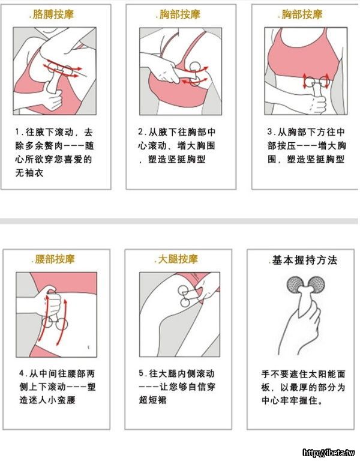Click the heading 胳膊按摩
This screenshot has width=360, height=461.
53,14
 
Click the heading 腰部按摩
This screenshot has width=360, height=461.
55,259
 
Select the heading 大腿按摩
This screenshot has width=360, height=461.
178,259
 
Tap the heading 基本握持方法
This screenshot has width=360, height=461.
304,260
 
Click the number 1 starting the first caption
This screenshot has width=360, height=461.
17,131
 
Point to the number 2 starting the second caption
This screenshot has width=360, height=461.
140,131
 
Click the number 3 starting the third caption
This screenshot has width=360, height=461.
270,131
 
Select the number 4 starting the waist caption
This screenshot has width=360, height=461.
22,373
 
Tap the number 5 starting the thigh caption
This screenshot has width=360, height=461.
142,373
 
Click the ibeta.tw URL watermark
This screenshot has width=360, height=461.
329,453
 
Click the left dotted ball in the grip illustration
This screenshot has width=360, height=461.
295,285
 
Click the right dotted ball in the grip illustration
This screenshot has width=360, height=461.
316,285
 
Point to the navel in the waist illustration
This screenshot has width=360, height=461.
88,347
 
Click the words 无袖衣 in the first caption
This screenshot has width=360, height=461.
29,173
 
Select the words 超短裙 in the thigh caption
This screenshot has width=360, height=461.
152,400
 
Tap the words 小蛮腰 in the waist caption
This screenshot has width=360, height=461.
61,400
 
